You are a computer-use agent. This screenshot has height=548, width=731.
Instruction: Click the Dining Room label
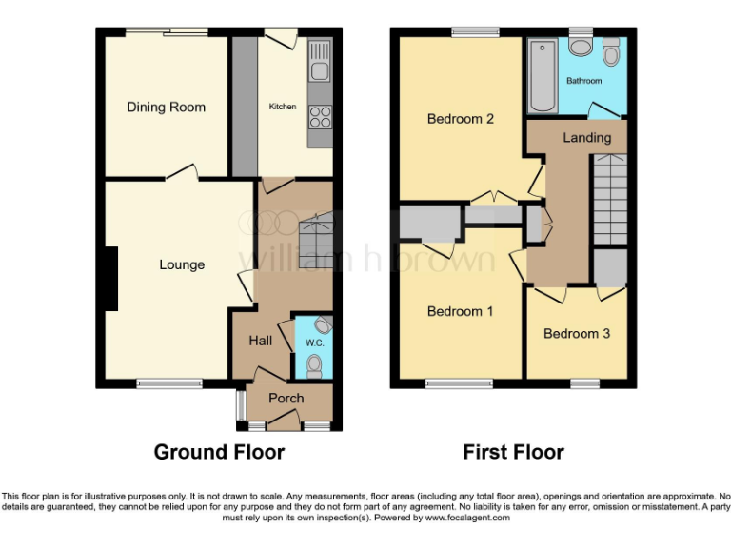click(166, 108)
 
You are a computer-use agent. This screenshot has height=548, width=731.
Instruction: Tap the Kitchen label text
click(283, 107)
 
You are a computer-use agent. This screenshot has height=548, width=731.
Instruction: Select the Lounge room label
click(182, 264)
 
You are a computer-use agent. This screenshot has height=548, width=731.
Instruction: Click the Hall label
click(261, 341)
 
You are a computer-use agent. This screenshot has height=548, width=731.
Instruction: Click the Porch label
click(286, 399)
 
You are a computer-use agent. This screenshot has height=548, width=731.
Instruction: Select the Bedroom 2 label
click(461, 119)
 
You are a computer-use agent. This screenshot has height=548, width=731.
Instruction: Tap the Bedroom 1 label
click(461, 311)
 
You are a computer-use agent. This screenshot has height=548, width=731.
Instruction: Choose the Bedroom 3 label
click(577, 333)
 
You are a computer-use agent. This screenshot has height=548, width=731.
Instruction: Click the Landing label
click(586, 138)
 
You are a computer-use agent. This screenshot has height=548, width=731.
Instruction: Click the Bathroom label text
click(584, 81)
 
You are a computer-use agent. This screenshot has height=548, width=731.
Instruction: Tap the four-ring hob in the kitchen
click(320, 116)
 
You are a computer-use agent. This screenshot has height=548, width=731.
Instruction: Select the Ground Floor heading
click(219, 452)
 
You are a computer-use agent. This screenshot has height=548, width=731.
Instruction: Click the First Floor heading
click(513, 452)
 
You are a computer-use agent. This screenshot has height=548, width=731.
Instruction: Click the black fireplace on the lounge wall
click(111, 278)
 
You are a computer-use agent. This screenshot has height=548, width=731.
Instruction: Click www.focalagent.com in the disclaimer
click(467, 518)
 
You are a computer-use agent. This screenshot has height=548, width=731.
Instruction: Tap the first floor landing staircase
click(610, 199)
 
